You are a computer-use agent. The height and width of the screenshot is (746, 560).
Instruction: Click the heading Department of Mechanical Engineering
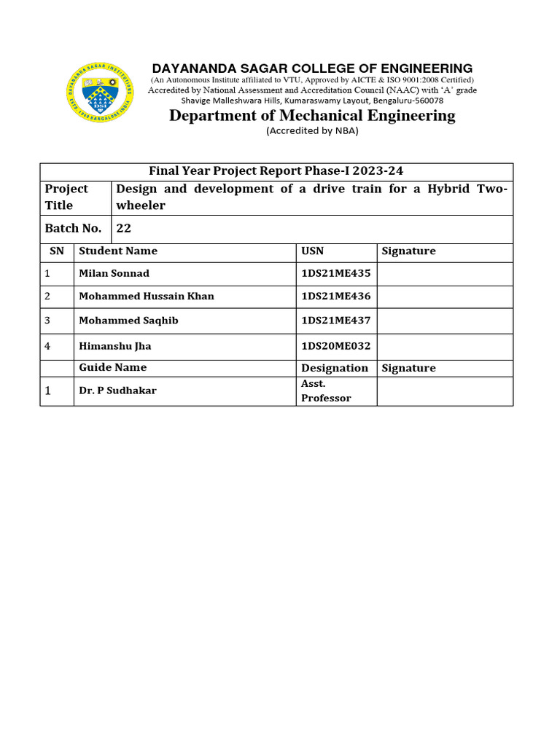312,115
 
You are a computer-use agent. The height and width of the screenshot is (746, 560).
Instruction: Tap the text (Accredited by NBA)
312,131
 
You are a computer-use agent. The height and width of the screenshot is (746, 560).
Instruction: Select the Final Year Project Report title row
276,171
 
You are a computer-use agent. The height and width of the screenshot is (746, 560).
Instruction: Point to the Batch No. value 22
123,228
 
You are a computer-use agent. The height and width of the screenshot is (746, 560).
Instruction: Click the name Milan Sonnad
114,273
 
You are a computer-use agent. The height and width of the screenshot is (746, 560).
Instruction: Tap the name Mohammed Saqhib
128,321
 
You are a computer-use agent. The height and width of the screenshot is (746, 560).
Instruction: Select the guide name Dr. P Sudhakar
117,390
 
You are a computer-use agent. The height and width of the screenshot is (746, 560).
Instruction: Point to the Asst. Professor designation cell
326,390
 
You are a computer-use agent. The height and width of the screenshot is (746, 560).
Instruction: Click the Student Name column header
118,251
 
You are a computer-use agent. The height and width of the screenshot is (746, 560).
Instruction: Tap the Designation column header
335,368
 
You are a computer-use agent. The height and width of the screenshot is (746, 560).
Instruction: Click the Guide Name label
113,368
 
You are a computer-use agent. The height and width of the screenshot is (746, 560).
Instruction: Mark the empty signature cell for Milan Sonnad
444,273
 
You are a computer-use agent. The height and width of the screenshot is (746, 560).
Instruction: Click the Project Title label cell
66,197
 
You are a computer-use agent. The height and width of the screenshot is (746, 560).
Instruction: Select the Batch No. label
73,228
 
